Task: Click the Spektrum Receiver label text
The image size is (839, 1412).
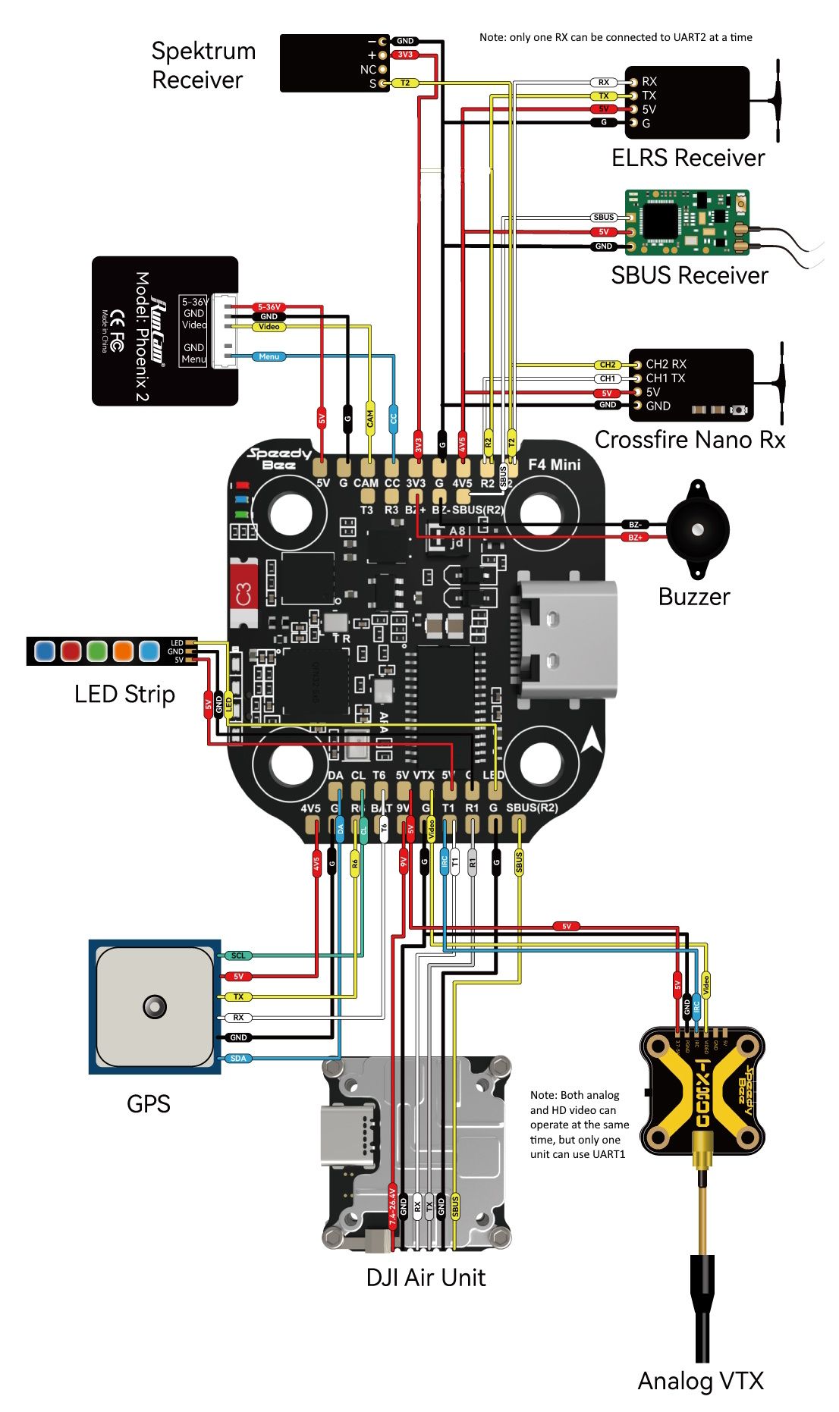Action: (x=203, y=65)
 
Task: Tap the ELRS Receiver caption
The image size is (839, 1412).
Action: (x=687, y=158)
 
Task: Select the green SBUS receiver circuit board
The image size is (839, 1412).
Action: (x=687, y=222)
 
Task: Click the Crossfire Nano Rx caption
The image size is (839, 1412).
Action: (x=689, y=440)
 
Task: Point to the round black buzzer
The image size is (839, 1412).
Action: (x=697, y=529)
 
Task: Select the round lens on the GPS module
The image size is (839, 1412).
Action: (x=155, y=1006)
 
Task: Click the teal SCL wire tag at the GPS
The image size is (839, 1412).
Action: (x=238, y=955)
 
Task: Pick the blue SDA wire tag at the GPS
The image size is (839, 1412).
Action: (x=238, y=1058)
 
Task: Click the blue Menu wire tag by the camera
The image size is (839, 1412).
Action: (x=269, y=356)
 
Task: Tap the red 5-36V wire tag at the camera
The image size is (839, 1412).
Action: (x=269, y=307)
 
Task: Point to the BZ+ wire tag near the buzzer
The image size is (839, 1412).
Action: (x=635, y=537)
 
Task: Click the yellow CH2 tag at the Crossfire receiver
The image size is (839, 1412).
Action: (x=608, y=365)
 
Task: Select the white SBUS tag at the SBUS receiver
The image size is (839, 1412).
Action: (x=604, y=218)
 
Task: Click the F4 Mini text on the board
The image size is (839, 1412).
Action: (x=554, y=464)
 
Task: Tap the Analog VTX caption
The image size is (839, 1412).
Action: (x=699, y=1380)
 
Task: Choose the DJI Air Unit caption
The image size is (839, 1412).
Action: (x=426, y=1277)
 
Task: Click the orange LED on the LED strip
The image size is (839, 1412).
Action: (x=123, y=651)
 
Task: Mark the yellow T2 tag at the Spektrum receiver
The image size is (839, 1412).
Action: (x=405, y=83)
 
